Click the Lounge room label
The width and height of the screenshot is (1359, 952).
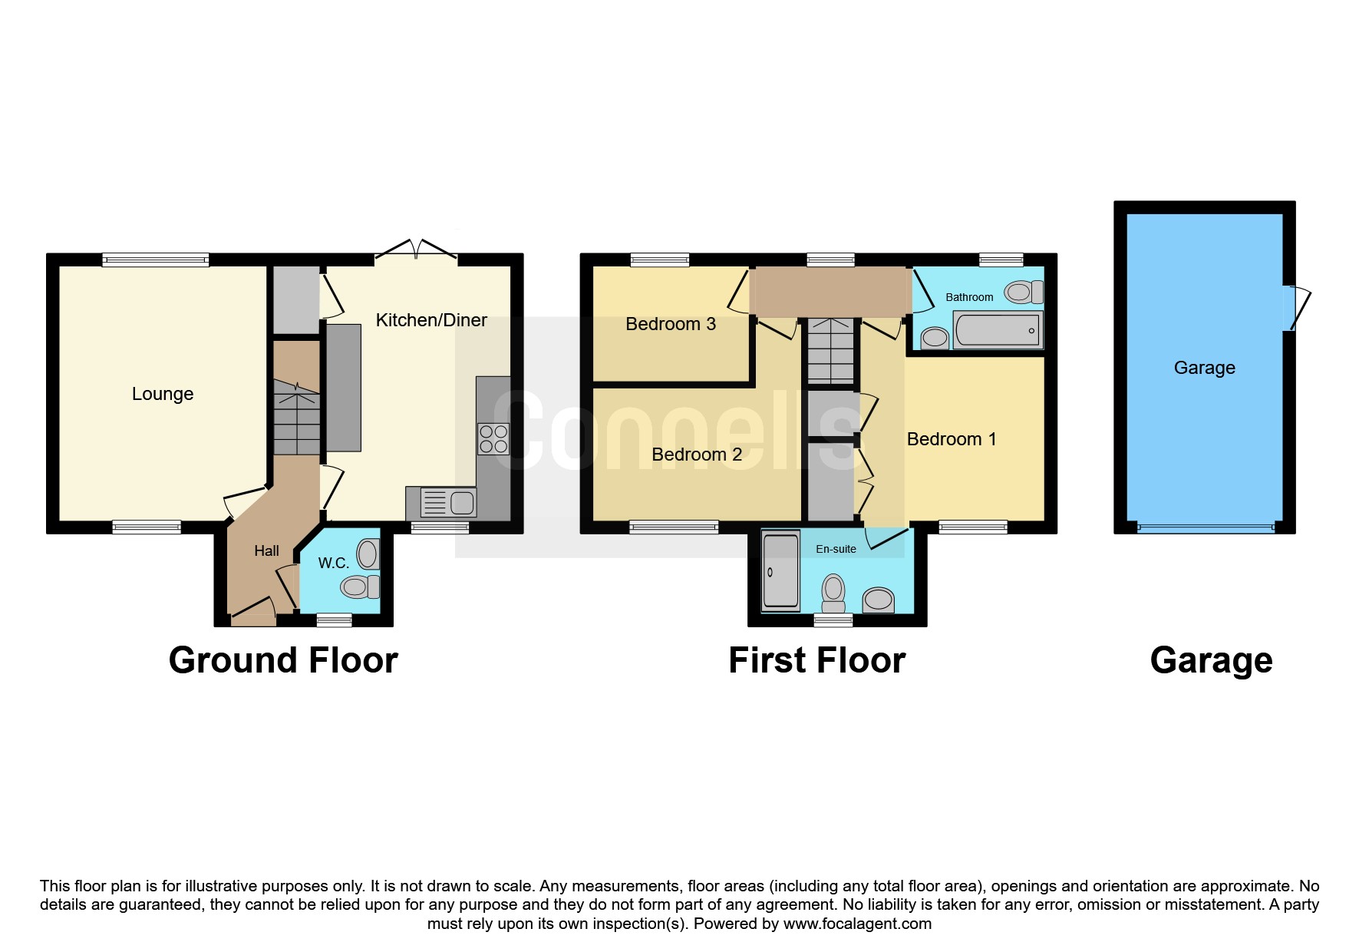tap(163, 394)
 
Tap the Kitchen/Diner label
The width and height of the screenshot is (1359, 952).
tap(431, 320)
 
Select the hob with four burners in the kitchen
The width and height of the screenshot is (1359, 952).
tap(493, 438)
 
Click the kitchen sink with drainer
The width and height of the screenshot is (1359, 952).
tap(441, 503)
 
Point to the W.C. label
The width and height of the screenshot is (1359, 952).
tap(334, 563)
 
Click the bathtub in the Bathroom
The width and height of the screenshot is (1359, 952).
tap(998, 330)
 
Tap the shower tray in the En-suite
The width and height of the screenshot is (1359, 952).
tap(781, 571)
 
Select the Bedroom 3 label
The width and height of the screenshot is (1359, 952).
tap(671, 324)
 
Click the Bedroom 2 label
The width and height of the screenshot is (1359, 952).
tap(697, 455)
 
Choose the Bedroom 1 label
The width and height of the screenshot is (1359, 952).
tap(952, 439)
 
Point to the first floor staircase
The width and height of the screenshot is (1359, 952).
tap(830, 351)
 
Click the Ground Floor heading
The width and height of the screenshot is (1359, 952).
tap(283, 660)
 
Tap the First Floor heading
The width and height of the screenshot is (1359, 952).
tap(817, 660)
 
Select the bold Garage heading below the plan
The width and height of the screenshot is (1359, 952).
tap(1212, 660)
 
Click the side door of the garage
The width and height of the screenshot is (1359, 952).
tap(1297, 308)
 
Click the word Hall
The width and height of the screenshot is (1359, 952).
tap(267, 551)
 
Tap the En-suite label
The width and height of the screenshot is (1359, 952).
tap(836, 549)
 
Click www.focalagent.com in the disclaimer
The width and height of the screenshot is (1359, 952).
tap(857, 924)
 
